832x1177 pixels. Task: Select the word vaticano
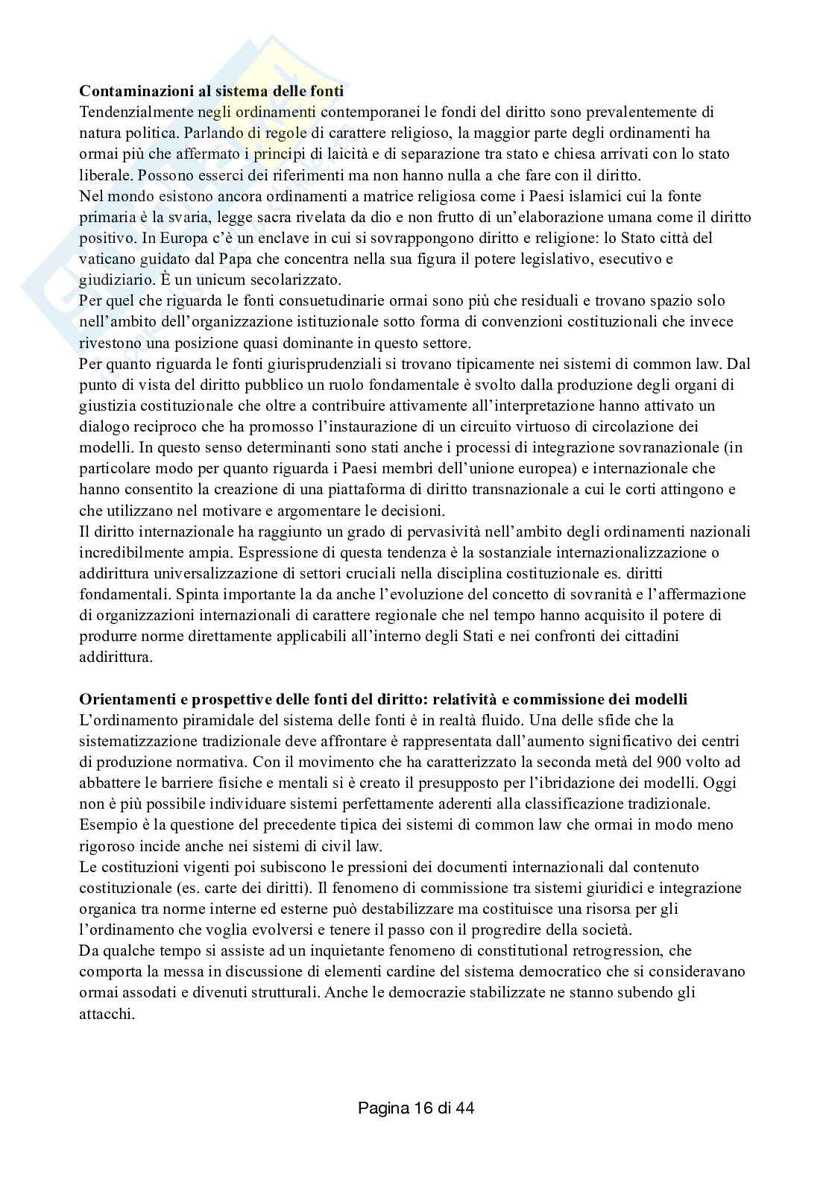pos(106,259)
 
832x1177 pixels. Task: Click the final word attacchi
pos(106,1014)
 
